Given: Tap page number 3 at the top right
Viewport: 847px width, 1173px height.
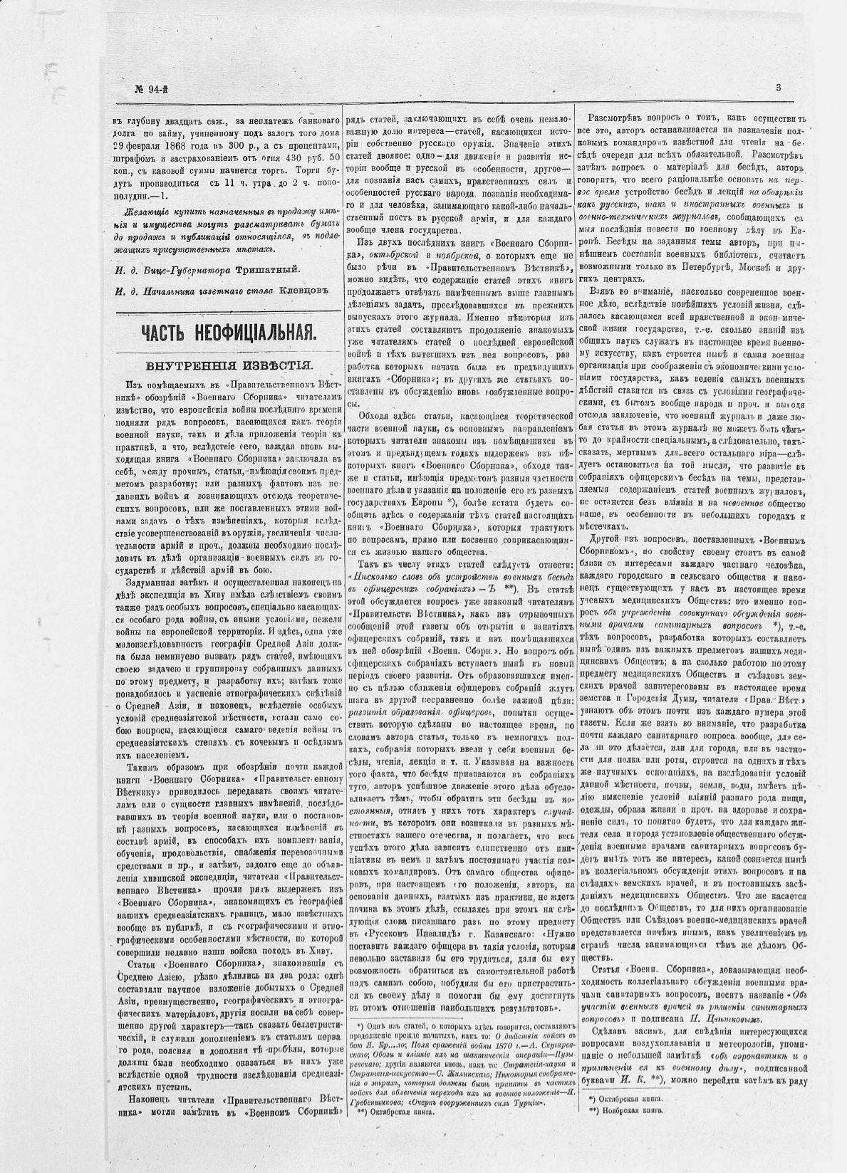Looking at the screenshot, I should click(779, 88).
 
